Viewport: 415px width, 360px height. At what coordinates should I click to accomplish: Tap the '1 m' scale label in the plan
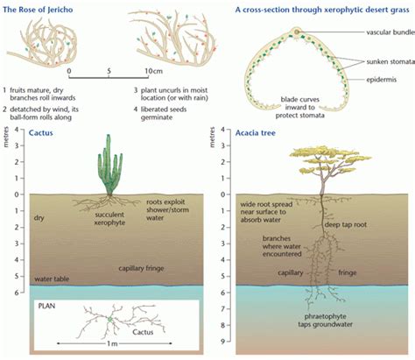pyautogui.click(x=115, y=351)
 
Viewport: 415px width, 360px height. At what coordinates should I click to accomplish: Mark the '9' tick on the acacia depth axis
pyautogui.click(x=225, y=342)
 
